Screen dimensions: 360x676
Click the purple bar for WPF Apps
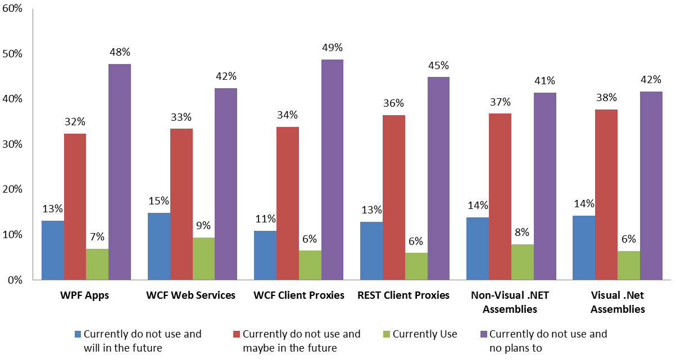[x=120, y=171]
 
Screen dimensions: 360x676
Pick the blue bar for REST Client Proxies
[x=371, y=250]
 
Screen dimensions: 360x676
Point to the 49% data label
[x=332, y=48]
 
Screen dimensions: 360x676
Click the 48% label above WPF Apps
[x=120, y=52]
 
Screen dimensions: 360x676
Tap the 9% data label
[x=203, y=226]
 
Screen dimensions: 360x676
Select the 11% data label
[x=265, y=219]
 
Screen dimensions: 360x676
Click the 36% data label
[x=394, y=103]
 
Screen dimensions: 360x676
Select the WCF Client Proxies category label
[x=299, y=295]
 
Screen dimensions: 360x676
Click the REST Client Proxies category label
[x=405, y=295]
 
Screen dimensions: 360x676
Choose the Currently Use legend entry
[x=425, y=334]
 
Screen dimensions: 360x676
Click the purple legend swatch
[x=483, y=335]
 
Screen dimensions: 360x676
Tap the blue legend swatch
[x=78, y=335]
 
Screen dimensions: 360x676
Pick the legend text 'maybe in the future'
[x=289, y=348]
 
